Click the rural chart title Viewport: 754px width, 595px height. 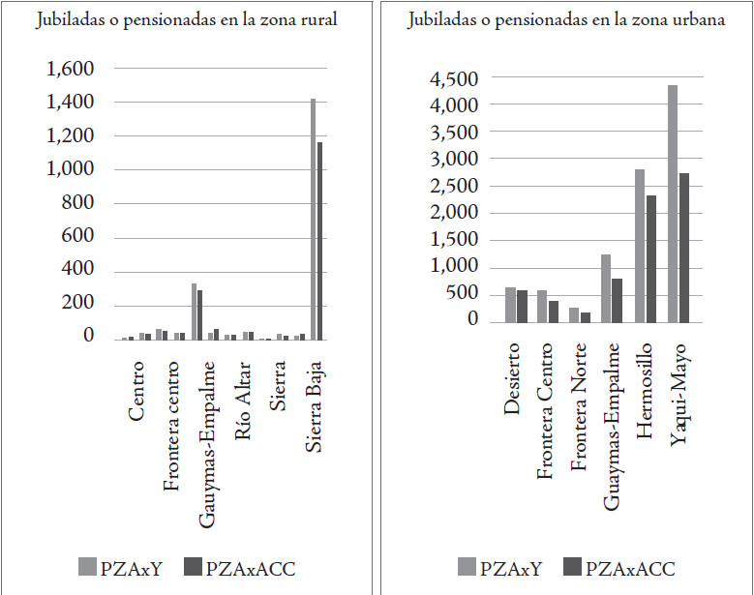(x=186, y=20)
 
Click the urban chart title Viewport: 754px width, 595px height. (x=566, y=20)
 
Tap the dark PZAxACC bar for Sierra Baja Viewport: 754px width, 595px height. (x=320, y=241)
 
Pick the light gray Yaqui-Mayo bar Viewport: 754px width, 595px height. (x=672, y=203)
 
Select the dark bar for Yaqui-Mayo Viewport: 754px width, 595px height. (x=684, y=248)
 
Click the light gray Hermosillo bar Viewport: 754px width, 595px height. (x=640, y=246)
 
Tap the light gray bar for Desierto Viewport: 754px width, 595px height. (x=510, y=305)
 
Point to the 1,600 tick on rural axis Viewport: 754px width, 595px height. (x=71, y=69)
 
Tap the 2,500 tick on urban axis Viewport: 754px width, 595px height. (x=454, y=187)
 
